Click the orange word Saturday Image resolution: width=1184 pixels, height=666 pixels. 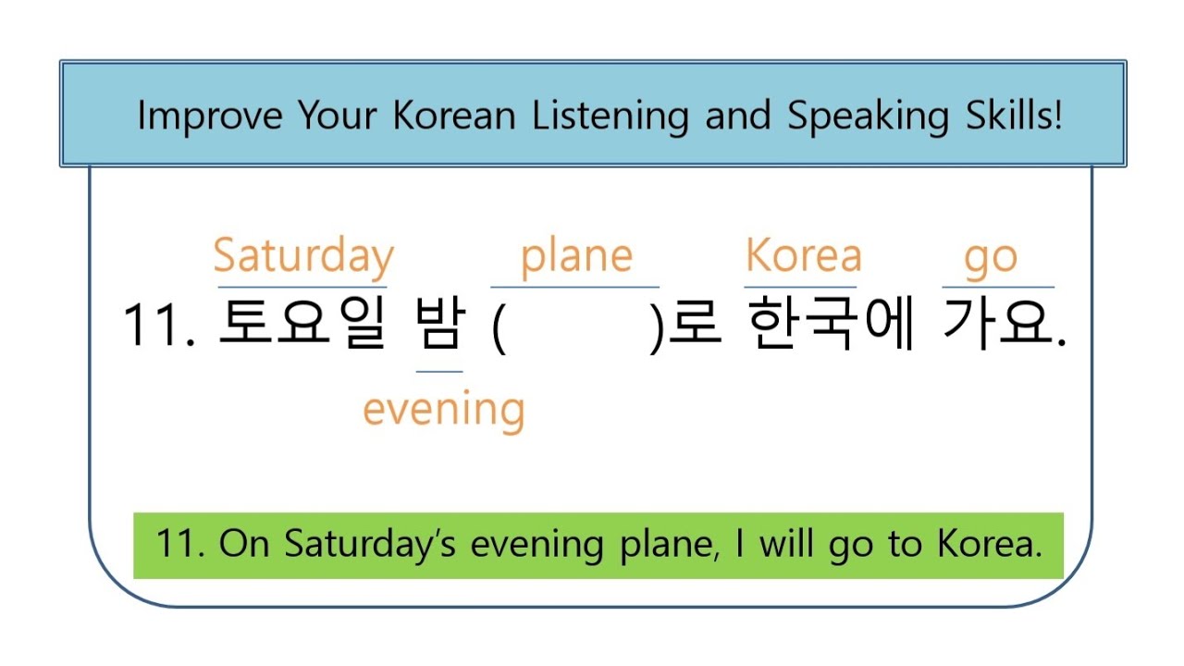303,257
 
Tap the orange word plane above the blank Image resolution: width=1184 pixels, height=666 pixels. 576,257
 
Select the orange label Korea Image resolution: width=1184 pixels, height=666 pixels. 803,256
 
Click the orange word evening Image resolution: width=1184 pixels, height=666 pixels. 443,409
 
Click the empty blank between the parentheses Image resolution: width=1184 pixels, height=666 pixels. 579,326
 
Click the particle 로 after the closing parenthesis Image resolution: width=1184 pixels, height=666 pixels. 695,326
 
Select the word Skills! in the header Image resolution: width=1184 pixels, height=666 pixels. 1007,116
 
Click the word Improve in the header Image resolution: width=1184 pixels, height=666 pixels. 211,116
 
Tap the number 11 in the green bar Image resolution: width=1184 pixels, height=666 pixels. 175,544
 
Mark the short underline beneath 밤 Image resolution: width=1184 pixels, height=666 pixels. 439,372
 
